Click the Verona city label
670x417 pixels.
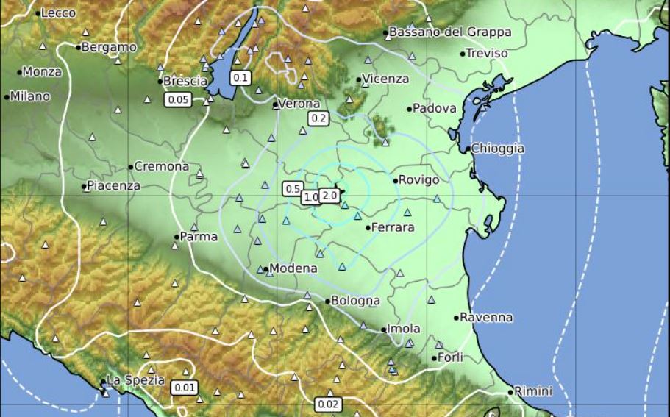pyautogui.click(x=300, y=104)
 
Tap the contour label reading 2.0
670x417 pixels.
pyautogui.click(x=329, y=196)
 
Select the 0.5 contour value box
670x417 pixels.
pyautogui.click(x=292, y=188)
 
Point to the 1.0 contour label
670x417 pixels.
pyautogui.click(x=311, y=197)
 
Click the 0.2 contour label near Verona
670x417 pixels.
pyautogui.click(x=319, y=118)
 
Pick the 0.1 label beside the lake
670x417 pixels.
pyautogui.click(x=240, y=77)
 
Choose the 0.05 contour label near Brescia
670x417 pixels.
pyautogui.click(x=178, y=100)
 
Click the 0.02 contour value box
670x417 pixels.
pyautogui.click(x=328, y=404)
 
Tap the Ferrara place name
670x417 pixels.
pyautogui.click(x=393, y=228)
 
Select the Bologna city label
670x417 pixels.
pyautogui.click(x=355, y=301)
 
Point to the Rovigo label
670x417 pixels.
pyautogui.click(x=418, y=180)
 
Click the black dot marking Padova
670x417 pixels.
pyautogui.click(x=410, y=110)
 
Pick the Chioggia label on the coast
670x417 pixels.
pyautogui.click(x=497, y=149)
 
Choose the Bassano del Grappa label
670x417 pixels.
pyautogui.click(x=449, y=32)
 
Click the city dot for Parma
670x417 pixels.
pyautogui.click(x=177, y=237)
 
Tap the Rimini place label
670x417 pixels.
pyautogui.click(x=533, y=391)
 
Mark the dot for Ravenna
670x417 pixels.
pyautogui.click(x=456, y=318)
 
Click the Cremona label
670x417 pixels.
pyautogui.click(x=162, y=167)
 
